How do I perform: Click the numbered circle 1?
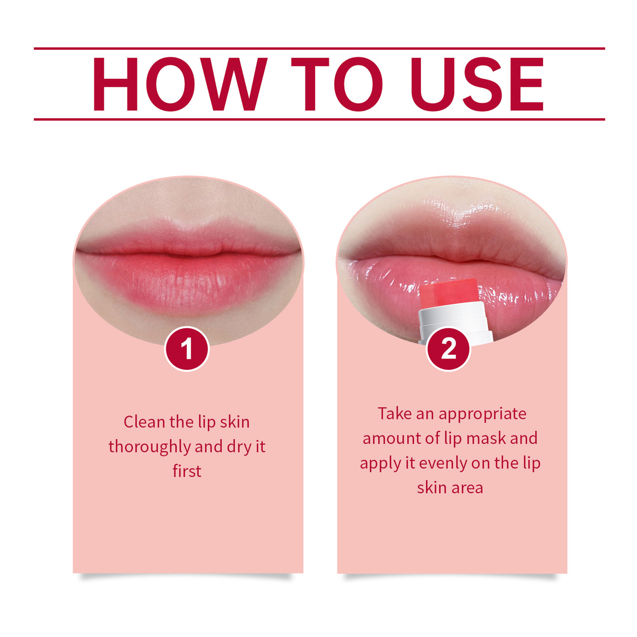coord(187,349)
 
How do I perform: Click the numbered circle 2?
coord(449,349)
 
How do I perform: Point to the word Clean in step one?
coord(144,422)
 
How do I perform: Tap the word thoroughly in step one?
coord(150,447)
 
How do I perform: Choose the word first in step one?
coord(187,471)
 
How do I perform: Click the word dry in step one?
coord(239,447)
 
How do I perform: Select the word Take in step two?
coord(395,413)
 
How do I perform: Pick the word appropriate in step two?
coord(482,415)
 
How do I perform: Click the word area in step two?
coord(468,488)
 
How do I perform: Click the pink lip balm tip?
coord(449,295)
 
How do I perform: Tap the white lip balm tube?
coord(454,323)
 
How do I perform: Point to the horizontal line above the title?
coord(319,48)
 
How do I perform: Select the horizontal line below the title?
coord(319,119)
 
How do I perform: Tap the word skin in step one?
coord(235,422)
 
